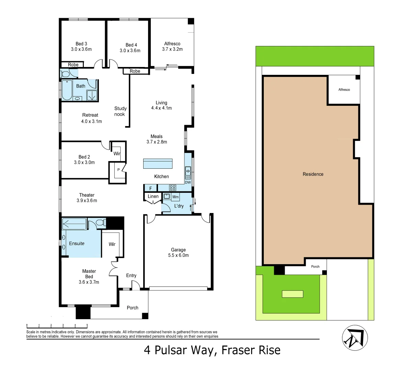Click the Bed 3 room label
pos(81,46)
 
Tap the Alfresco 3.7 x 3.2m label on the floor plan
pos(172,46)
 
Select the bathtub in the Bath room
pos(67,90)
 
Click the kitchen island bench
pos(158,164)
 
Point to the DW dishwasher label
pos(188,182)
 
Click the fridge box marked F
pos(150,188)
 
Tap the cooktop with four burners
pos(172,188)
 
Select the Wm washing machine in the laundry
pos(176,197)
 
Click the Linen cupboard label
pos(153,196)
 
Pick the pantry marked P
pos(119,170)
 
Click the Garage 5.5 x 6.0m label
pos(178,252)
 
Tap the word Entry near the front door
pos(131,276)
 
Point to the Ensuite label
pos(77,244)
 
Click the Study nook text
pos(120,111)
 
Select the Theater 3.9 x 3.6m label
pos(87,198)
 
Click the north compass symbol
pos(355,338)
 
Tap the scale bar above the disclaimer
pos(57,325)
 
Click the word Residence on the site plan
pos(313,174)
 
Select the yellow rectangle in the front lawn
pos(293,294)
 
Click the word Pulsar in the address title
pos(171,350)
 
